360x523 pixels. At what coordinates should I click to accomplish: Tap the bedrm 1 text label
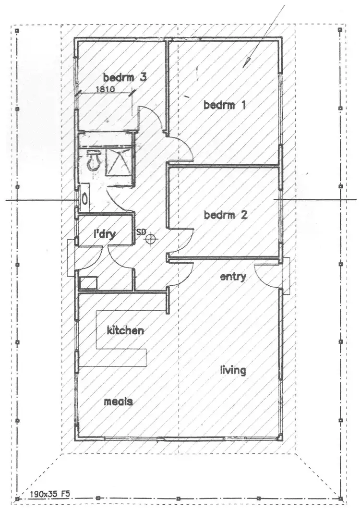coord(225,105)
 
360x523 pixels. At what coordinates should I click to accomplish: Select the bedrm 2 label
coord(225,215)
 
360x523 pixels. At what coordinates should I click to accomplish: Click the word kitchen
coord(125,330)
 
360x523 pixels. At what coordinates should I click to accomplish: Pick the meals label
coord(118,402)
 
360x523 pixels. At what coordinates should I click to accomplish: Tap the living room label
coord(233,370)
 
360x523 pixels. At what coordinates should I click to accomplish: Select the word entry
coord(233,277)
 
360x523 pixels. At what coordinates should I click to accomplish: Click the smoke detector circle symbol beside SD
coord(152,237)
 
